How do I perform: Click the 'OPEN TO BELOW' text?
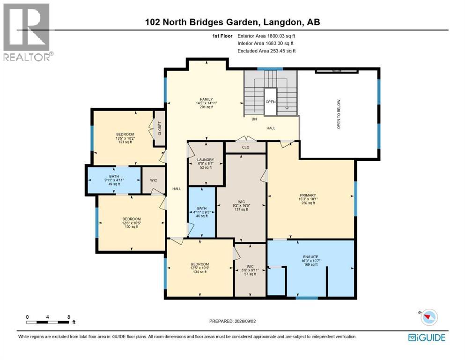point(339,114)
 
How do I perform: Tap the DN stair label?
point(254,119)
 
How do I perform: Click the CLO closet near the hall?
point(245,147)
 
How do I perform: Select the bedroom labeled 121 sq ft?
point(125,138)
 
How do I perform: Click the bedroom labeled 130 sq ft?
point(132,223)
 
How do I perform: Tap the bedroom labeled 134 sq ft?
point(199,268)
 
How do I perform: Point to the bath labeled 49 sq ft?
point(114,180)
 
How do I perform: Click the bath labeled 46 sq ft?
point(202,212)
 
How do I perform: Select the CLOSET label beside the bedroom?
point(160,128)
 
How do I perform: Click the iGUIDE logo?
point(427,337)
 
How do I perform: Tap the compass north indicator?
point(428,317)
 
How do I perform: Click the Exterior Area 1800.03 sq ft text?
point(266,36)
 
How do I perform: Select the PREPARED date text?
point(232,321)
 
